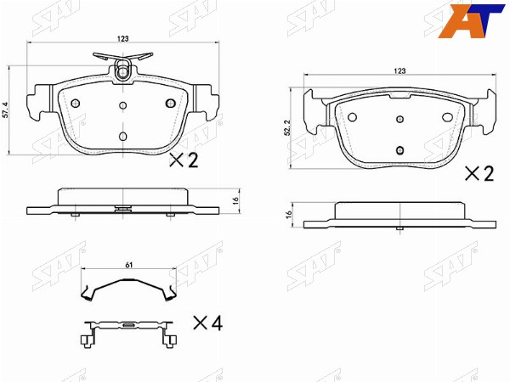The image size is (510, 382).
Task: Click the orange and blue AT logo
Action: pyautogui.click(x=471, y=20)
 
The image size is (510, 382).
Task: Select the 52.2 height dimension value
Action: pyautogui.click(x=287, y=127)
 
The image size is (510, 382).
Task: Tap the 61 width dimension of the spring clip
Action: pyautogui.click(x=129, y=265)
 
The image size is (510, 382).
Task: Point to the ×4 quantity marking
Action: pyautogui.click(x=208, y=323)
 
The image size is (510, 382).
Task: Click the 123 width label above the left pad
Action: pyautogui.click(x=122, y=39)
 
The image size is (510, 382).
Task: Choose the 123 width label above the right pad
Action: pyautogui.click(x=399, y=70)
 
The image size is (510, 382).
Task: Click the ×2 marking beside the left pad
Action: pyautogui.click(x=184, y=160)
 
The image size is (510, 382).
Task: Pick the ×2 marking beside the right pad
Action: pyautogui.click(x=479, y=173)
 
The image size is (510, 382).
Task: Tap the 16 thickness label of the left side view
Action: pyautogui.click(x=235, y=199)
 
